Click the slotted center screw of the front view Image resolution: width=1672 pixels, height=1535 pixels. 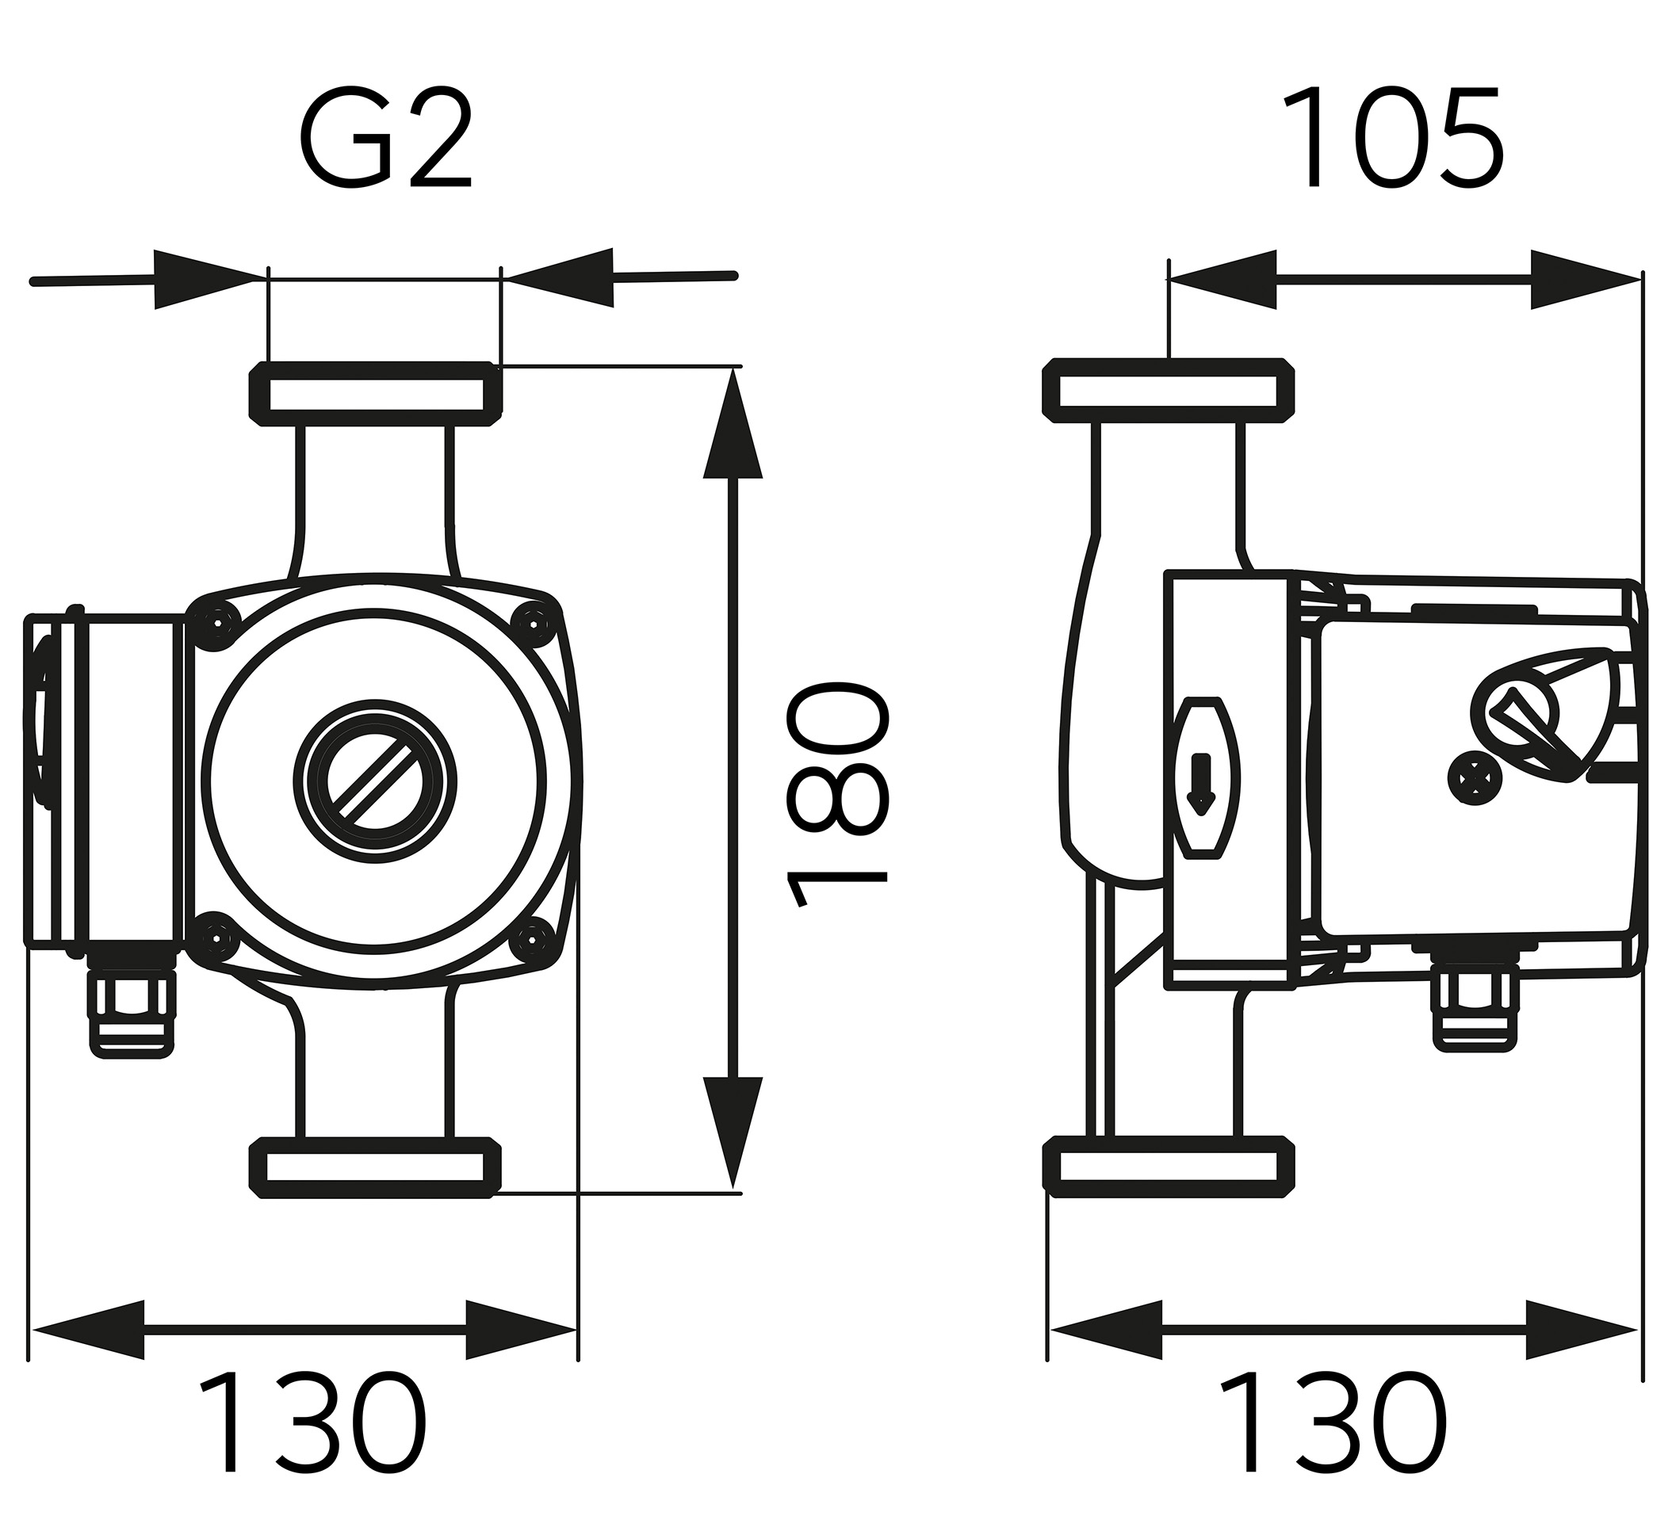375,781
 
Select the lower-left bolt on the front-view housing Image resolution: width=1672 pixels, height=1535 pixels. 216,937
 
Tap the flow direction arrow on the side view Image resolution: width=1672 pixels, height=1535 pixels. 1201,781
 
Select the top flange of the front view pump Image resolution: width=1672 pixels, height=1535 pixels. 376,393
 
